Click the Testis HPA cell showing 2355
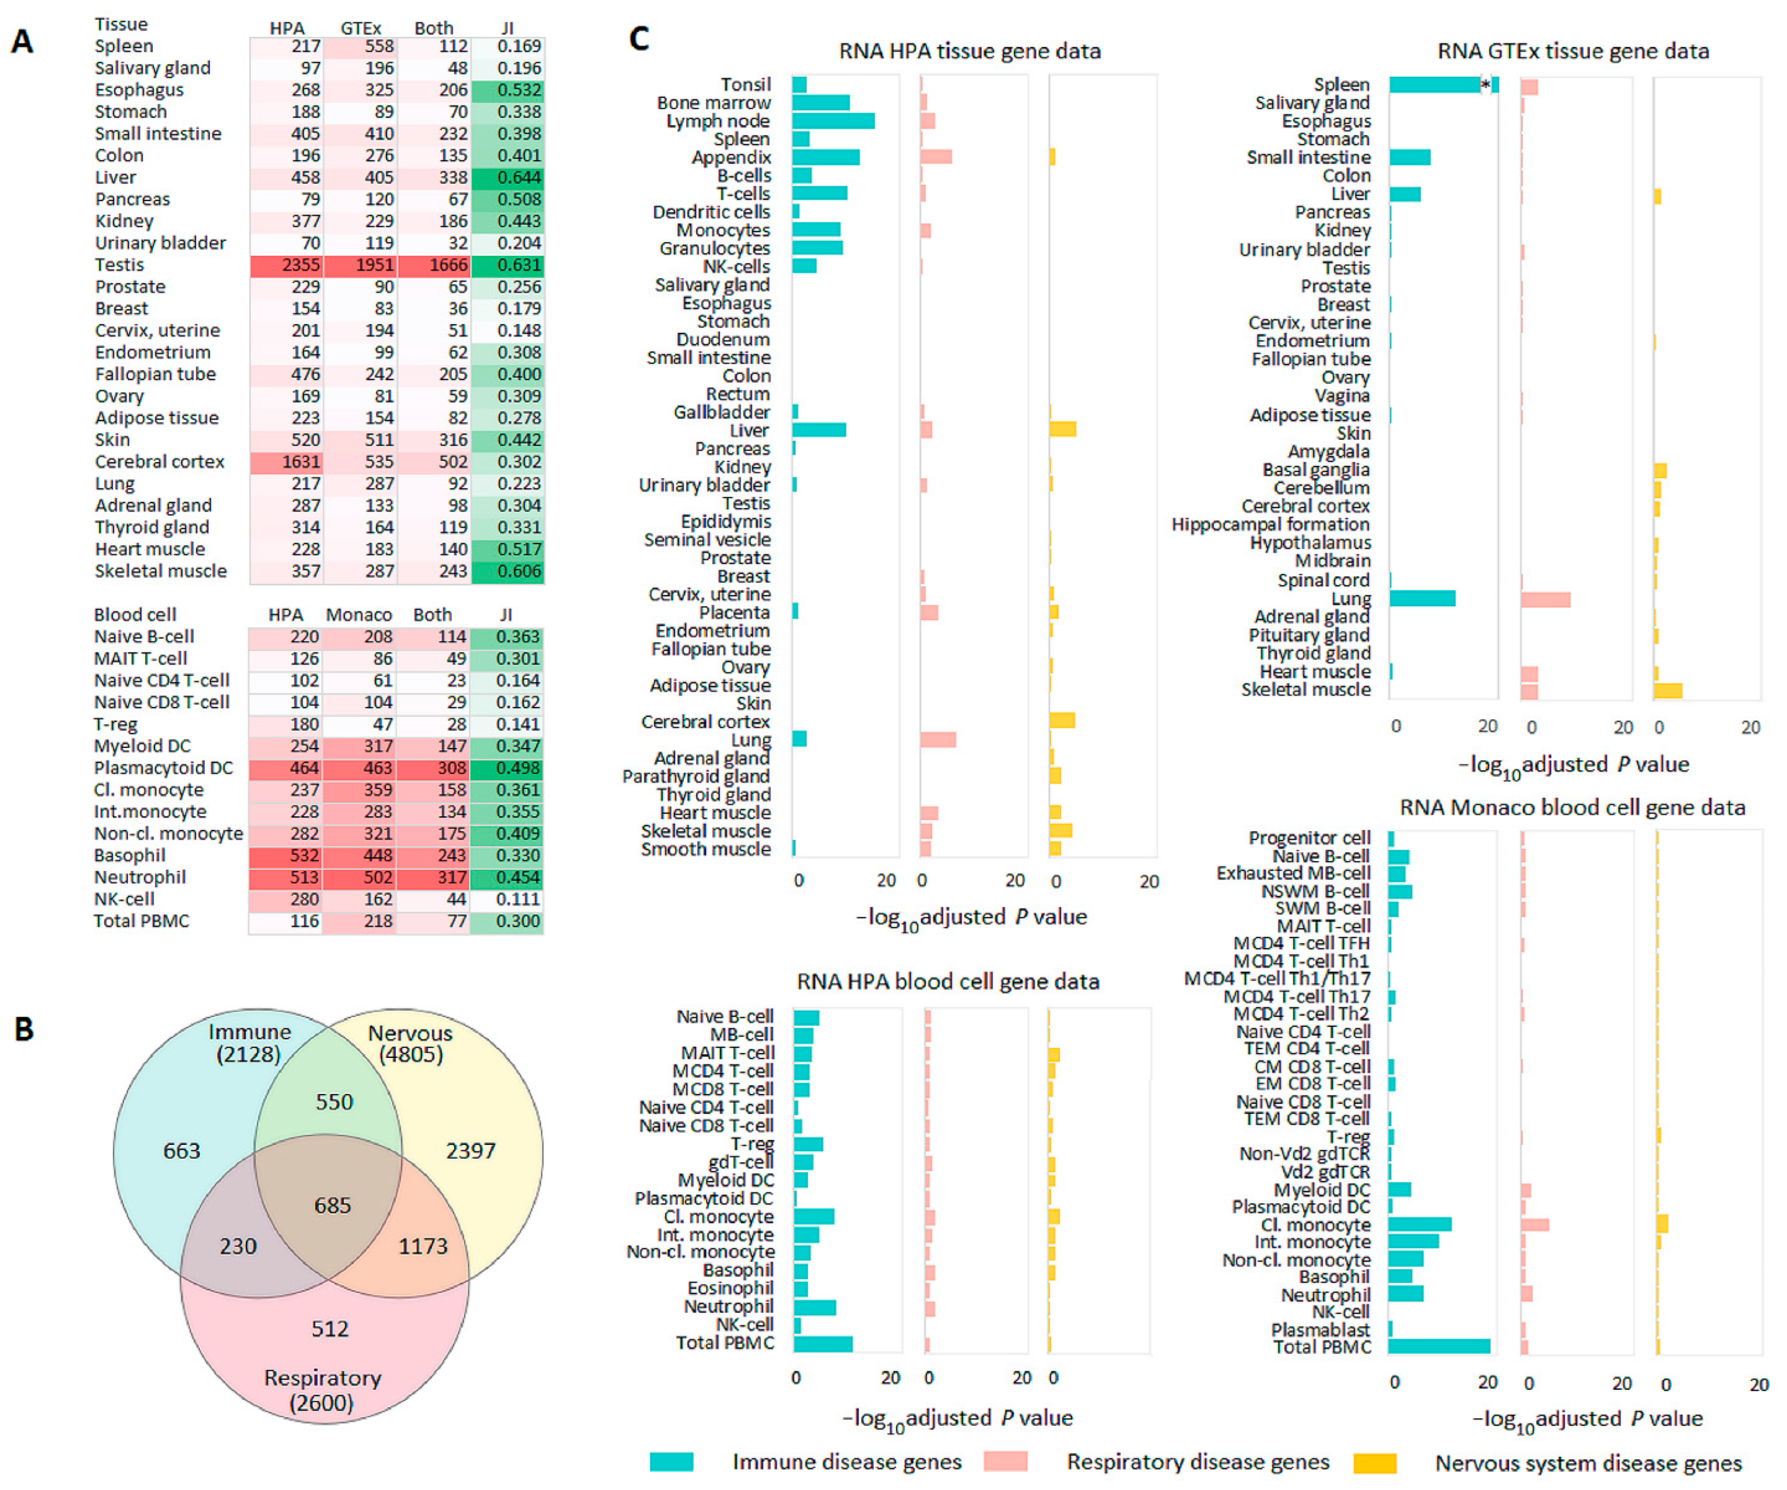coord(288,265)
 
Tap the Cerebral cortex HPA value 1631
coord(288,461)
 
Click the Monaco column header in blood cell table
coord(358,615)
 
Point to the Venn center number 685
coord(332,1205)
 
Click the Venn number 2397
coord(471,1150)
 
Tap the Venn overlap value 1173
coord(423,1246)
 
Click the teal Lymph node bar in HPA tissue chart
coord(833,121)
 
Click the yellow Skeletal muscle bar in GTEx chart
coord(1668,690)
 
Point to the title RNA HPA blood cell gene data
coord(948,982)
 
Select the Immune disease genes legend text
coord(847,1462)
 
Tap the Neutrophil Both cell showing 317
coord(434,877)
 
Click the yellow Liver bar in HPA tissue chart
coord(1063,429)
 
